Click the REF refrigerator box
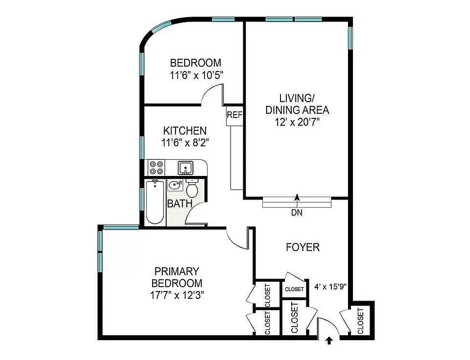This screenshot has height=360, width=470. point(235,115)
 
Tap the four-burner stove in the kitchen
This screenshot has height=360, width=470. point(156,168)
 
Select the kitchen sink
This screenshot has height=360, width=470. point(185,168)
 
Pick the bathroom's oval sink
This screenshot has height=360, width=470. point(174,184)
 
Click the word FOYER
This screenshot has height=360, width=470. point(303,247)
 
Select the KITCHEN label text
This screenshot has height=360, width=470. point(185,131)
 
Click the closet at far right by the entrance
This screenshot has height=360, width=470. point(361,320)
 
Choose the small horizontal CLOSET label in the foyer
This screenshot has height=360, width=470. point(294,289)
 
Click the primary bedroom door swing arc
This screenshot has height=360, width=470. point(236,238)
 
